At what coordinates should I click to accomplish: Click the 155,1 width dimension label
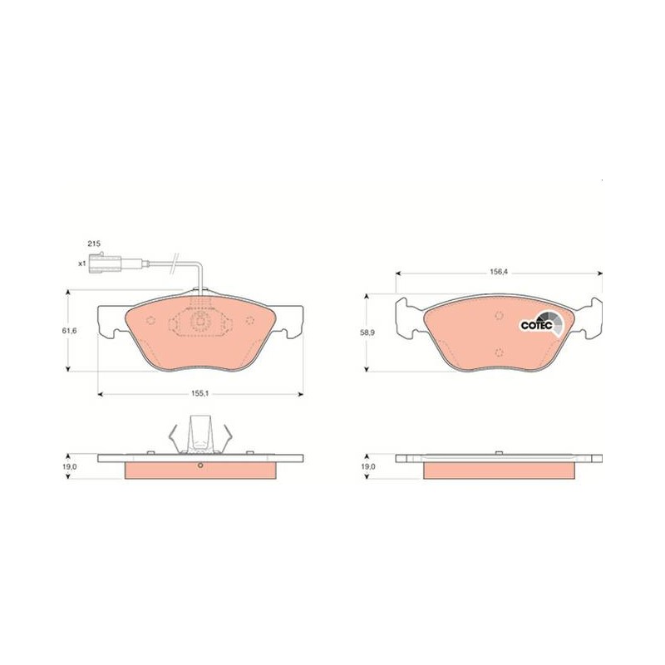pos(199,393)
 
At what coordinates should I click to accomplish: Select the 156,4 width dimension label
pos(499,273)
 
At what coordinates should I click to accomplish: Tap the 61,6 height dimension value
pos(69,330)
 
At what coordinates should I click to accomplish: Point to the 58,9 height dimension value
pos(367,333)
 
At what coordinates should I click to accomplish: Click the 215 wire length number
pos(94,244)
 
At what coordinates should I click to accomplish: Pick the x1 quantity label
pos(81,264)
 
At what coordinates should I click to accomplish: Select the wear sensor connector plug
pos(105,263)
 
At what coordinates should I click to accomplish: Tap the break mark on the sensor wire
pos(174,264)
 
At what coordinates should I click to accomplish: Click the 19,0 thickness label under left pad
pos(69,466)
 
